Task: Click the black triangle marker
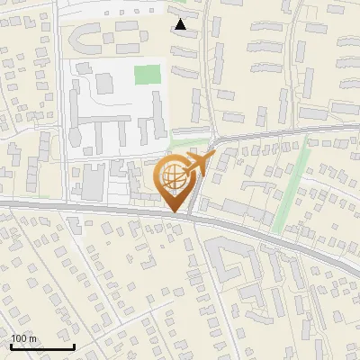click(x=181, y=24)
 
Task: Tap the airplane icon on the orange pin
click(x=197, y=166)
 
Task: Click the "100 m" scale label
click(x=24, y=338)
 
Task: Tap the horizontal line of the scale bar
click(x=42, y=346)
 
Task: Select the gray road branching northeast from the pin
click(x=270, y=133)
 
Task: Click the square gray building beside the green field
click(x=104, y=84)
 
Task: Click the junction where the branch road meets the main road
click(x=194, y=213)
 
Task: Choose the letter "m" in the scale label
click(x=32, y=338)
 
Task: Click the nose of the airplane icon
click(x=214, y=156)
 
